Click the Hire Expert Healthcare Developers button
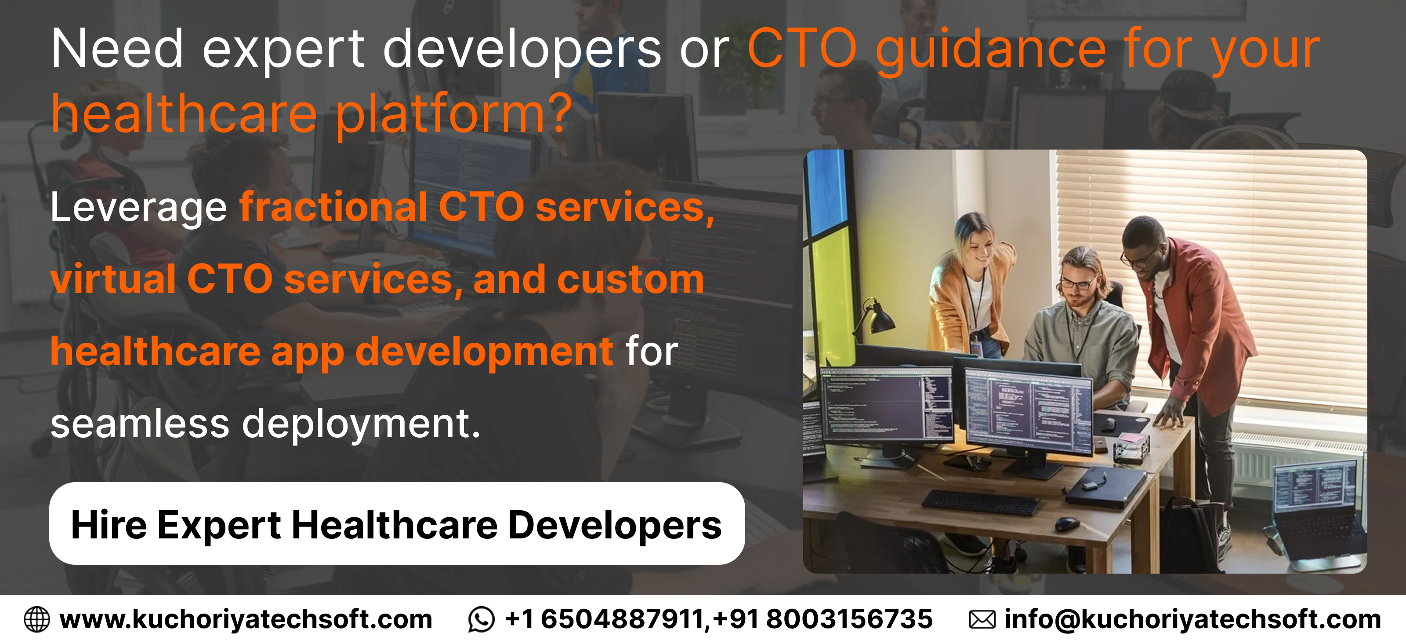[397, 523]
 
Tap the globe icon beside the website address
[36, 619]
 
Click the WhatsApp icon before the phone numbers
[481, 619]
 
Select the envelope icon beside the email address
[982, 619]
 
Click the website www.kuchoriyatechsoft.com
[246, 619]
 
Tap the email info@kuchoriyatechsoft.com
[1192, 619]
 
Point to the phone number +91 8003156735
[823, 619]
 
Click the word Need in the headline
[117, 49]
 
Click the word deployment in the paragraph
[361, 424]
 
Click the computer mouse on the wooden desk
[1067, 524]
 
